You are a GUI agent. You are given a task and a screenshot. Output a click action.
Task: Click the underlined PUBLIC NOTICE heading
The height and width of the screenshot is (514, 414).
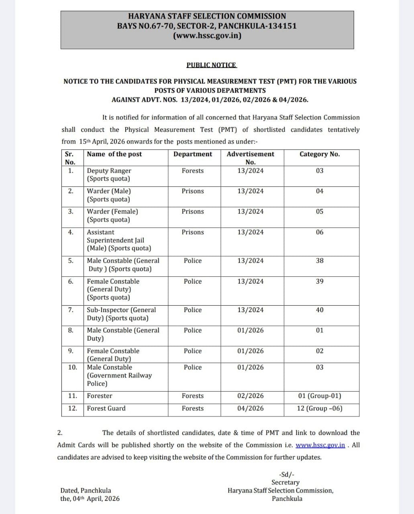[212, 65]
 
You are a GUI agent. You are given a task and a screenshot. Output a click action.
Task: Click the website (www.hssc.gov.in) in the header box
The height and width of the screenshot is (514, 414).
[207, 36]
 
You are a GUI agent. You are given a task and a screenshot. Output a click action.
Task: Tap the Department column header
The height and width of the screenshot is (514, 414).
[193, 154]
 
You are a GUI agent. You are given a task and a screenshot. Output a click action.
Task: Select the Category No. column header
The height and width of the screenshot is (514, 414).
[320, 154]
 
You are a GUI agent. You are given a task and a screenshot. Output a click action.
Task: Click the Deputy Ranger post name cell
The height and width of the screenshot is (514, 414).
[109, 175]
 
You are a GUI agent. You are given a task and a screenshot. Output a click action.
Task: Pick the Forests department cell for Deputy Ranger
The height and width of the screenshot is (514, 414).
[193, 171]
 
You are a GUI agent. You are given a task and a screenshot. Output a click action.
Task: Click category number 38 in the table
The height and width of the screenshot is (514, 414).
[320, 261]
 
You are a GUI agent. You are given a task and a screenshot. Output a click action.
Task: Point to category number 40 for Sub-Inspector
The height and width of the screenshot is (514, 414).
[320, 310]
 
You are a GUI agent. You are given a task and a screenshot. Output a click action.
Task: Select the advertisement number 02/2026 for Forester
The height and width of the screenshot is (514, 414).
[251, 396]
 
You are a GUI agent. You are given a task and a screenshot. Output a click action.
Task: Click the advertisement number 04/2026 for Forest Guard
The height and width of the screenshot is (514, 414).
[251, 408]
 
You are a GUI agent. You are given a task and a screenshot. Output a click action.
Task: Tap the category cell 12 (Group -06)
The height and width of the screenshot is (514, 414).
[320, 408]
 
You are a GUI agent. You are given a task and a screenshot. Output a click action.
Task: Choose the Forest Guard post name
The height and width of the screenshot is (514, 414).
[106, 408]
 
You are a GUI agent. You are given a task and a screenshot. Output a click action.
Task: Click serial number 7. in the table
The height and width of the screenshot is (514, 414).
[71, 310]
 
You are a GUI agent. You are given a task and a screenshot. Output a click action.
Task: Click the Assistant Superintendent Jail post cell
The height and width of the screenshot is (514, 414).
[119, 240]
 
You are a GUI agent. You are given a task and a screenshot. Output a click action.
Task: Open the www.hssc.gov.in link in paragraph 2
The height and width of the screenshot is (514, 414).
[320, 445]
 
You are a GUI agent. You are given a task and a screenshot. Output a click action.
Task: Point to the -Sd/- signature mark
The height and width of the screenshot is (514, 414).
[286, 474]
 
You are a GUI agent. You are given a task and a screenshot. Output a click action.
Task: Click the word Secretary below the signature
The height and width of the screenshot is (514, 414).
[286, 482]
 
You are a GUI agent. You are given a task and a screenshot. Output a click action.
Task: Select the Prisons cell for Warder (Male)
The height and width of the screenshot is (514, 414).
[193, 191]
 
